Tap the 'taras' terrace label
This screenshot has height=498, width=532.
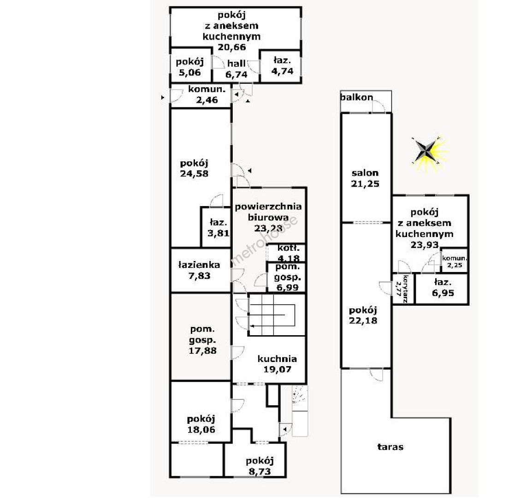[x=390, y=447]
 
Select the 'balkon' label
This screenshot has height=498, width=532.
[x=356, y=97]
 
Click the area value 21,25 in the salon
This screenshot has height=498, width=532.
[x=365, y=184]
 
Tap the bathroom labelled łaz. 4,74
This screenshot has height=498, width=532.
[x=283, y=66]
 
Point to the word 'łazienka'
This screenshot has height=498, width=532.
[x=199, y=265]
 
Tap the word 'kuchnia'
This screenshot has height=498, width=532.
[x=277, y=359]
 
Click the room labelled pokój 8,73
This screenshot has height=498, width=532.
[x=260, y=466]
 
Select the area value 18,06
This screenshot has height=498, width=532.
[x=201, y=429]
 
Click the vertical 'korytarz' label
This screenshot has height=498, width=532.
[x=405, y=288]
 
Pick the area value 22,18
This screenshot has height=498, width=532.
[x=364, y=320]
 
